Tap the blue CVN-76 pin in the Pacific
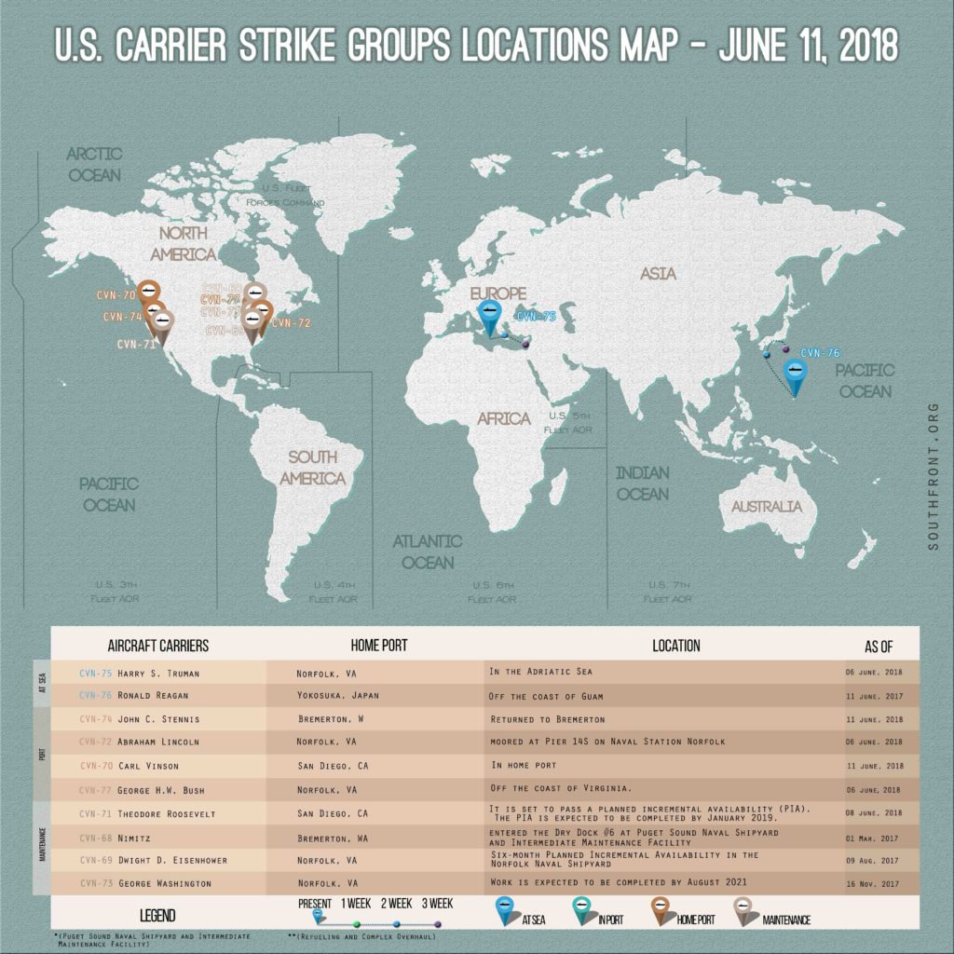[796, 374]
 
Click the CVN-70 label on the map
[116, 295]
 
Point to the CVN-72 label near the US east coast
[292, 323]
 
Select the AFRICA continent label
[503, 418]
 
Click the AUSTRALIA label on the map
[766, 507]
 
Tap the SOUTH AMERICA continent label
[312, 468]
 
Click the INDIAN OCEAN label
[643, 484]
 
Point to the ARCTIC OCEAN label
[94, 165]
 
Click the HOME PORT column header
[378, 645]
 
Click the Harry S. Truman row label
[158, 673]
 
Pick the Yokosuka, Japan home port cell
[337, 696]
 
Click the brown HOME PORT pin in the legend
[662, 911]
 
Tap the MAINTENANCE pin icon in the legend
[745, 911]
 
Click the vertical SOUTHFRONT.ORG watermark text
[934, 475]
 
